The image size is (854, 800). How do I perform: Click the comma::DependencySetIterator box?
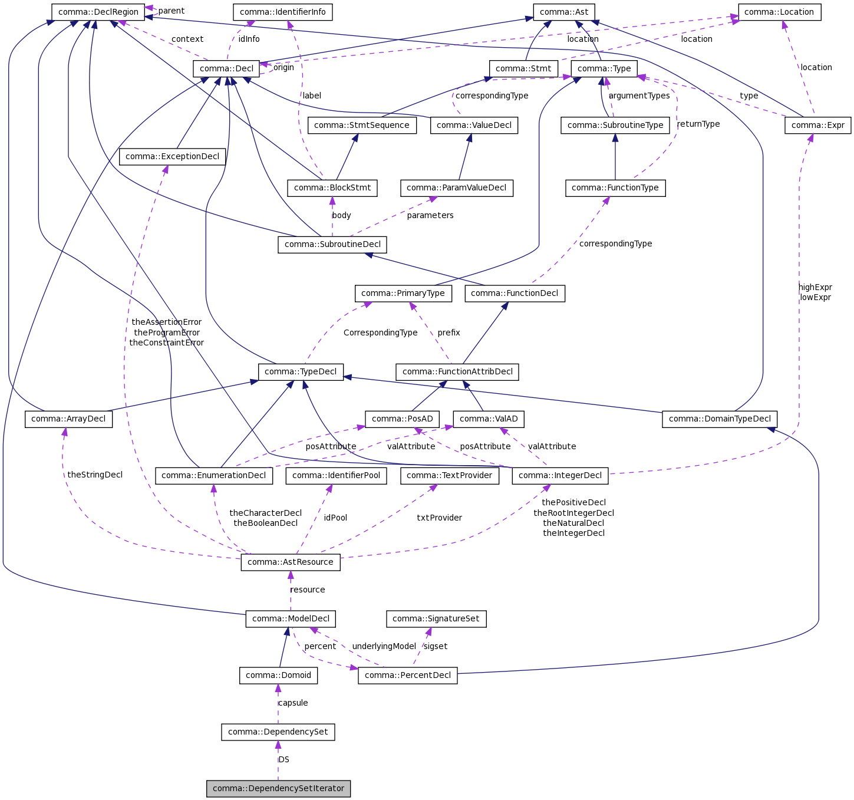tap(278, 788)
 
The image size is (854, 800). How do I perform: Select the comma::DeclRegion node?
tap(98, 12)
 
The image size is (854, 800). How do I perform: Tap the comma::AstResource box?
tap(290, 562)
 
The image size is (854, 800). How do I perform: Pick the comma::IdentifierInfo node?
tap(282, 12)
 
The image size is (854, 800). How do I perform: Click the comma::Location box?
tap(779, 12)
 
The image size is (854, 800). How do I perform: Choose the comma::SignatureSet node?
tap(436, 618)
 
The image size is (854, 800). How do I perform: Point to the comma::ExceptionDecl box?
tap(172, 156)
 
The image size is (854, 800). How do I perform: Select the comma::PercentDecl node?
tap(407, 675)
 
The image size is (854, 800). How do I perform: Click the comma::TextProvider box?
tap(449, 475)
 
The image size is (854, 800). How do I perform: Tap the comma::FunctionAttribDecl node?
tap(457, 371)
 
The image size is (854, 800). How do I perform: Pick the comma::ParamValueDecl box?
tap(456, 187)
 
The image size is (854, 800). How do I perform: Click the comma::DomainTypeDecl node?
tap(720, 419)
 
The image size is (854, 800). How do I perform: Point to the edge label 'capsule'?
tap(293, 703)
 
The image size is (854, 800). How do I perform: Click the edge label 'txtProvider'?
tap(439, 518)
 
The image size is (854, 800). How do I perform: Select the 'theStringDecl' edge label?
tap(95, 475)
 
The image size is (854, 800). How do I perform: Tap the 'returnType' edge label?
tap(698, 124)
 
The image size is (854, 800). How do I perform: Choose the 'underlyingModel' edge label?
tap(384, 646)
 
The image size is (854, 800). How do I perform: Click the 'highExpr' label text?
tap(815, 287)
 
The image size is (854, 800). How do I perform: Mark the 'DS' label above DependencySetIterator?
tap(284, 759)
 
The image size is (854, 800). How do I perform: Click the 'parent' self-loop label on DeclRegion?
tap(171, 11)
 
